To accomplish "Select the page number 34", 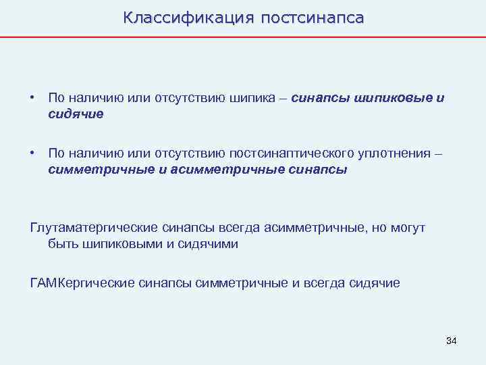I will click(x=452, y=341).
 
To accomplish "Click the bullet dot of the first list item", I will click(x=32, y=98).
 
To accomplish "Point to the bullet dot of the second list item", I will click(x=32, y=153).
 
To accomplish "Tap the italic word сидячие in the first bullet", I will click(x=76, y=114).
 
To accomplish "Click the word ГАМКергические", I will click(x=82, y=283).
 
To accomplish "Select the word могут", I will click(x=408, y=228).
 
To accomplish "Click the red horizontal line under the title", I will click(x=243, y=36).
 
